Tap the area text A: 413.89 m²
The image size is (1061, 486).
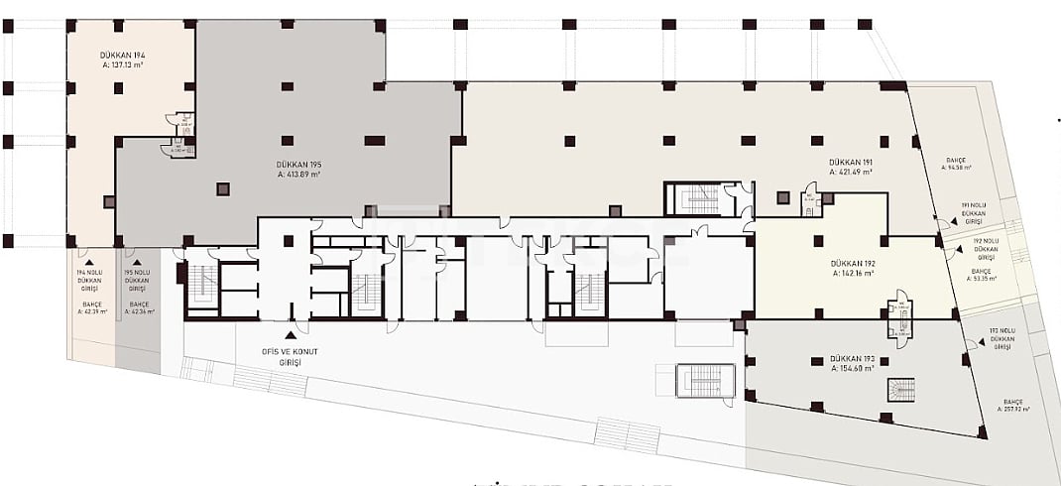[298, 175]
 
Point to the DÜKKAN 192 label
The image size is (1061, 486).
[853, 263]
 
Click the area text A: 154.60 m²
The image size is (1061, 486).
[853, 368]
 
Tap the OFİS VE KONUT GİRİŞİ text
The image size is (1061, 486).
[291, 357]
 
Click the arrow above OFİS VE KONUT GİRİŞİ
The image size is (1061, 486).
[291, 335]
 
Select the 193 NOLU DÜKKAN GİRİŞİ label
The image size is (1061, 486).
[1002, 338]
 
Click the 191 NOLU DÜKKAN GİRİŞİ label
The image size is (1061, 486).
[974, 209]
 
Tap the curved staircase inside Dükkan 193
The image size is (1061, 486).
[900, 390]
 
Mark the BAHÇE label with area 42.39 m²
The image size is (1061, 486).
[90, 307]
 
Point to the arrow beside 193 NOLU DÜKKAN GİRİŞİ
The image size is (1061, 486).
[970, 344]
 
